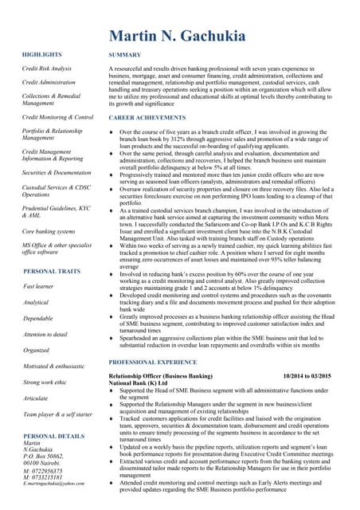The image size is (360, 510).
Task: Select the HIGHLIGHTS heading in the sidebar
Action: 42,54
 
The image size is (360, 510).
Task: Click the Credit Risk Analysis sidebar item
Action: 47,69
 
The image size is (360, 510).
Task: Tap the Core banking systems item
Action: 49,230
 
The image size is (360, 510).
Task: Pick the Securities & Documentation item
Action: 57,172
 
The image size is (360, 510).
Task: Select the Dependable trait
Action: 38,318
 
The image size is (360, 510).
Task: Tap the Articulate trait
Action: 36,398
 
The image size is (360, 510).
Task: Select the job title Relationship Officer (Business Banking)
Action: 161,375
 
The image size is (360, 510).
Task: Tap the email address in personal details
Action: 54,484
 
